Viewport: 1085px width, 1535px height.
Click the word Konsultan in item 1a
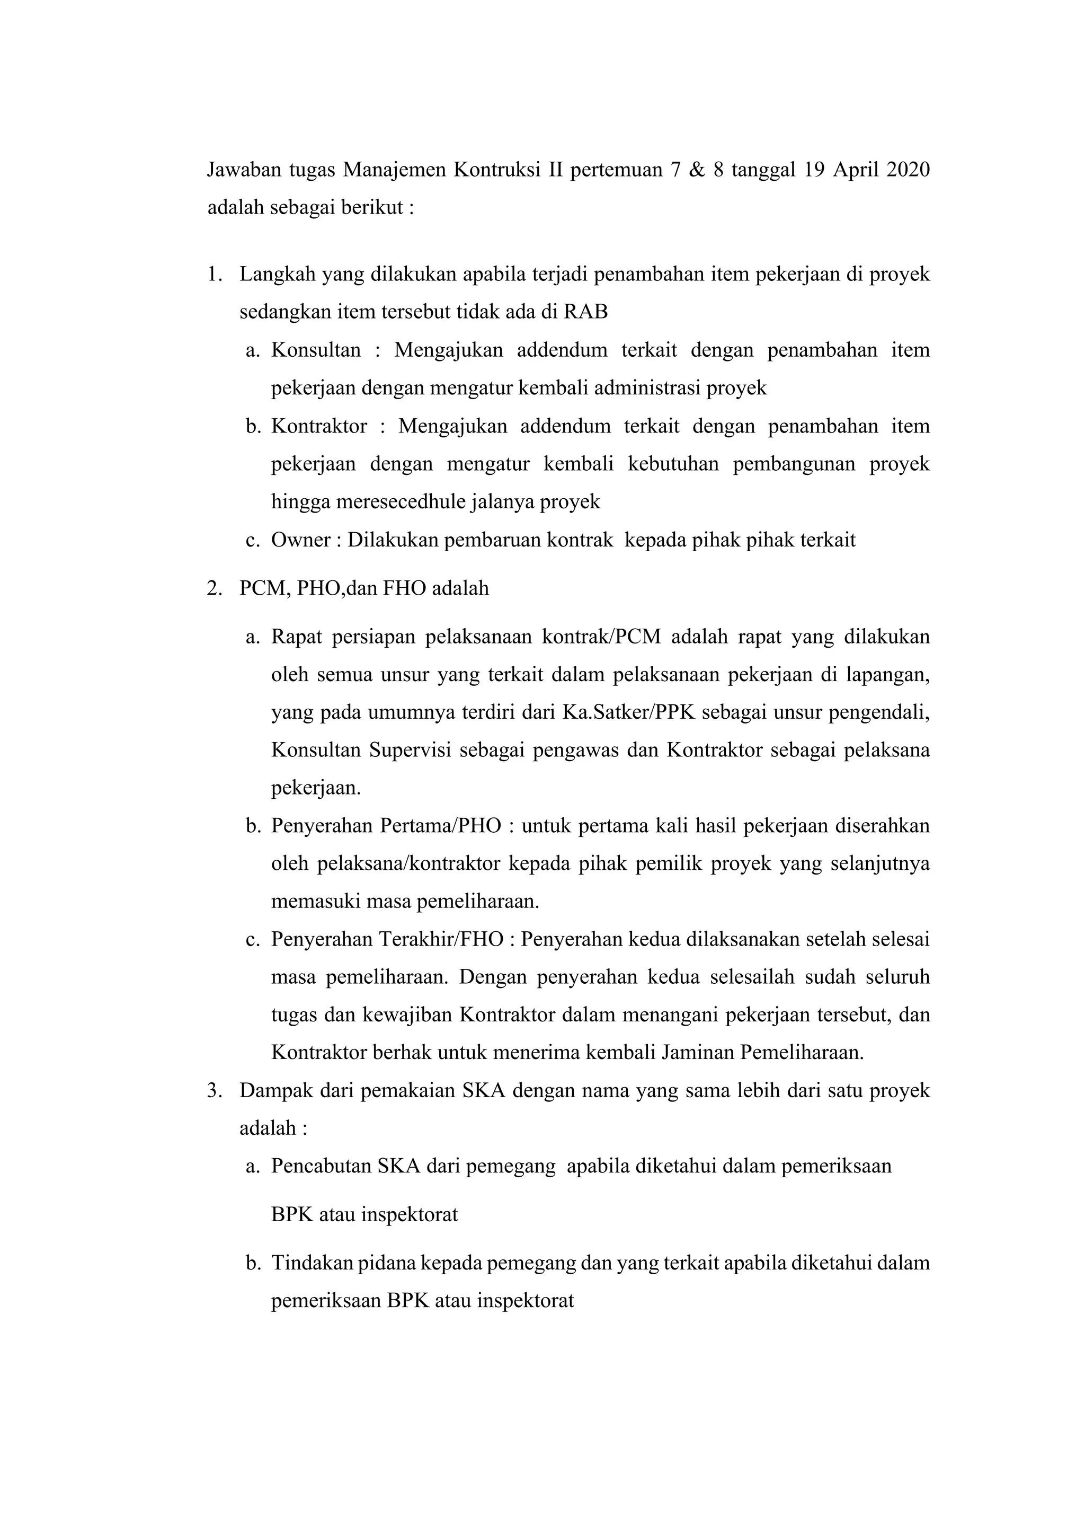pos(315,350)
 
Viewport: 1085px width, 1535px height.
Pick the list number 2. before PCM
pos(214,588)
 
